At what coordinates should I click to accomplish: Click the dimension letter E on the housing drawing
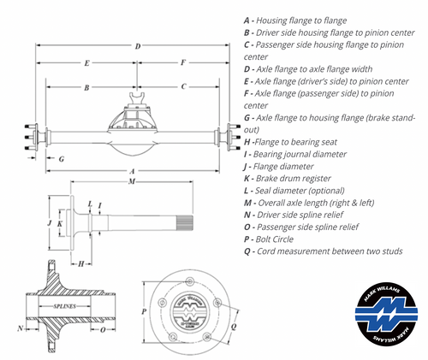[x=87, y=63]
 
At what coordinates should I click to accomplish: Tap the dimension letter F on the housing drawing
[x=183, y=63]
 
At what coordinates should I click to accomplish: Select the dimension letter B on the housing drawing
[x=87, y=87]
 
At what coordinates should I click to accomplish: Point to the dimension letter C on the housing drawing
[x=183, y=87]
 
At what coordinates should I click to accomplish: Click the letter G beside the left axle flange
[x=62, y=159]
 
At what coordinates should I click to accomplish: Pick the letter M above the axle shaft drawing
[x=130, y=182]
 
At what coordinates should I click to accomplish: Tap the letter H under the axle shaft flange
[x=80, y=263]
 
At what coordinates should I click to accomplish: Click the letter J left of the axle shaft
[x=50, y=224]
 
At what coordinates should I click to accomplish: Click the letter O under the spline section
[x=101, y=328]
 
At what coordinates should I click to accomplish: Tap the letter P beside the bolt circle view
[x=143, y=312]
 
